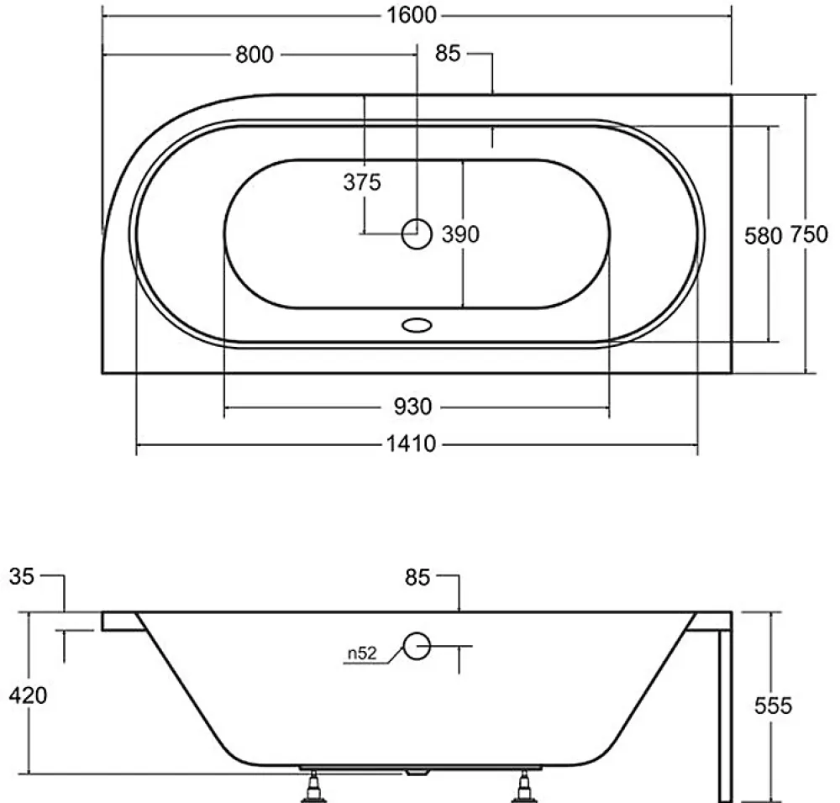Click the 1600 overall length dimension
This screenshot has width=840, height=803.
click(412, 15)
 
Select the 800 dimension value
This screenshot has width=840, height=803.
click(255, 55)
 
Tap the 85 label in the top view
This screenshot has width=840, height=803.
click(448, 53)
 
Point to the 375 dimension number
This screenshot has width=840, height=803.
click(362, 182)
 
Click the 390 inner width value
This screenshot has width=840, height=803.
click(460, 234)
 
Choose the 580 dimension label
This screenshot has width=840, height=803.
click(764, 236)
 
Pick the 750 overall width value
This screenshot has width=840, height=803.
click(809, 234)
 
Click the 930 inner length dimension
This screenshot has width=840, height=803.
click(412, 407)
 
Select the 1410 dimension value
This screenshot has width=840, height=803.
click(412, 444)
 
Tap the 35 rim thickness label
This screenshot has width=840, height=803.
click(22, 577)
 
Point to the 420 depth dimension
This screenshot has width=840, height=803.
click(28, 695)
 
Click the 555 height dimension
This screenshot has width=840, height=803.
click(773, 706)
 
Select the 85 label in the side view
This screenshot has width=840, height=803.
click(417, 578)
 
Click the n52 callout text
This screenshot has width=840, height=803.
click(362, 653)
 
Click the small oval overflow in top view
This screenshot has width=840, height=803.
click(417, 324)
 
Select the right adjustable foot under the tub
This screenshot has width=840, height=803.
click(522, 786)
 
